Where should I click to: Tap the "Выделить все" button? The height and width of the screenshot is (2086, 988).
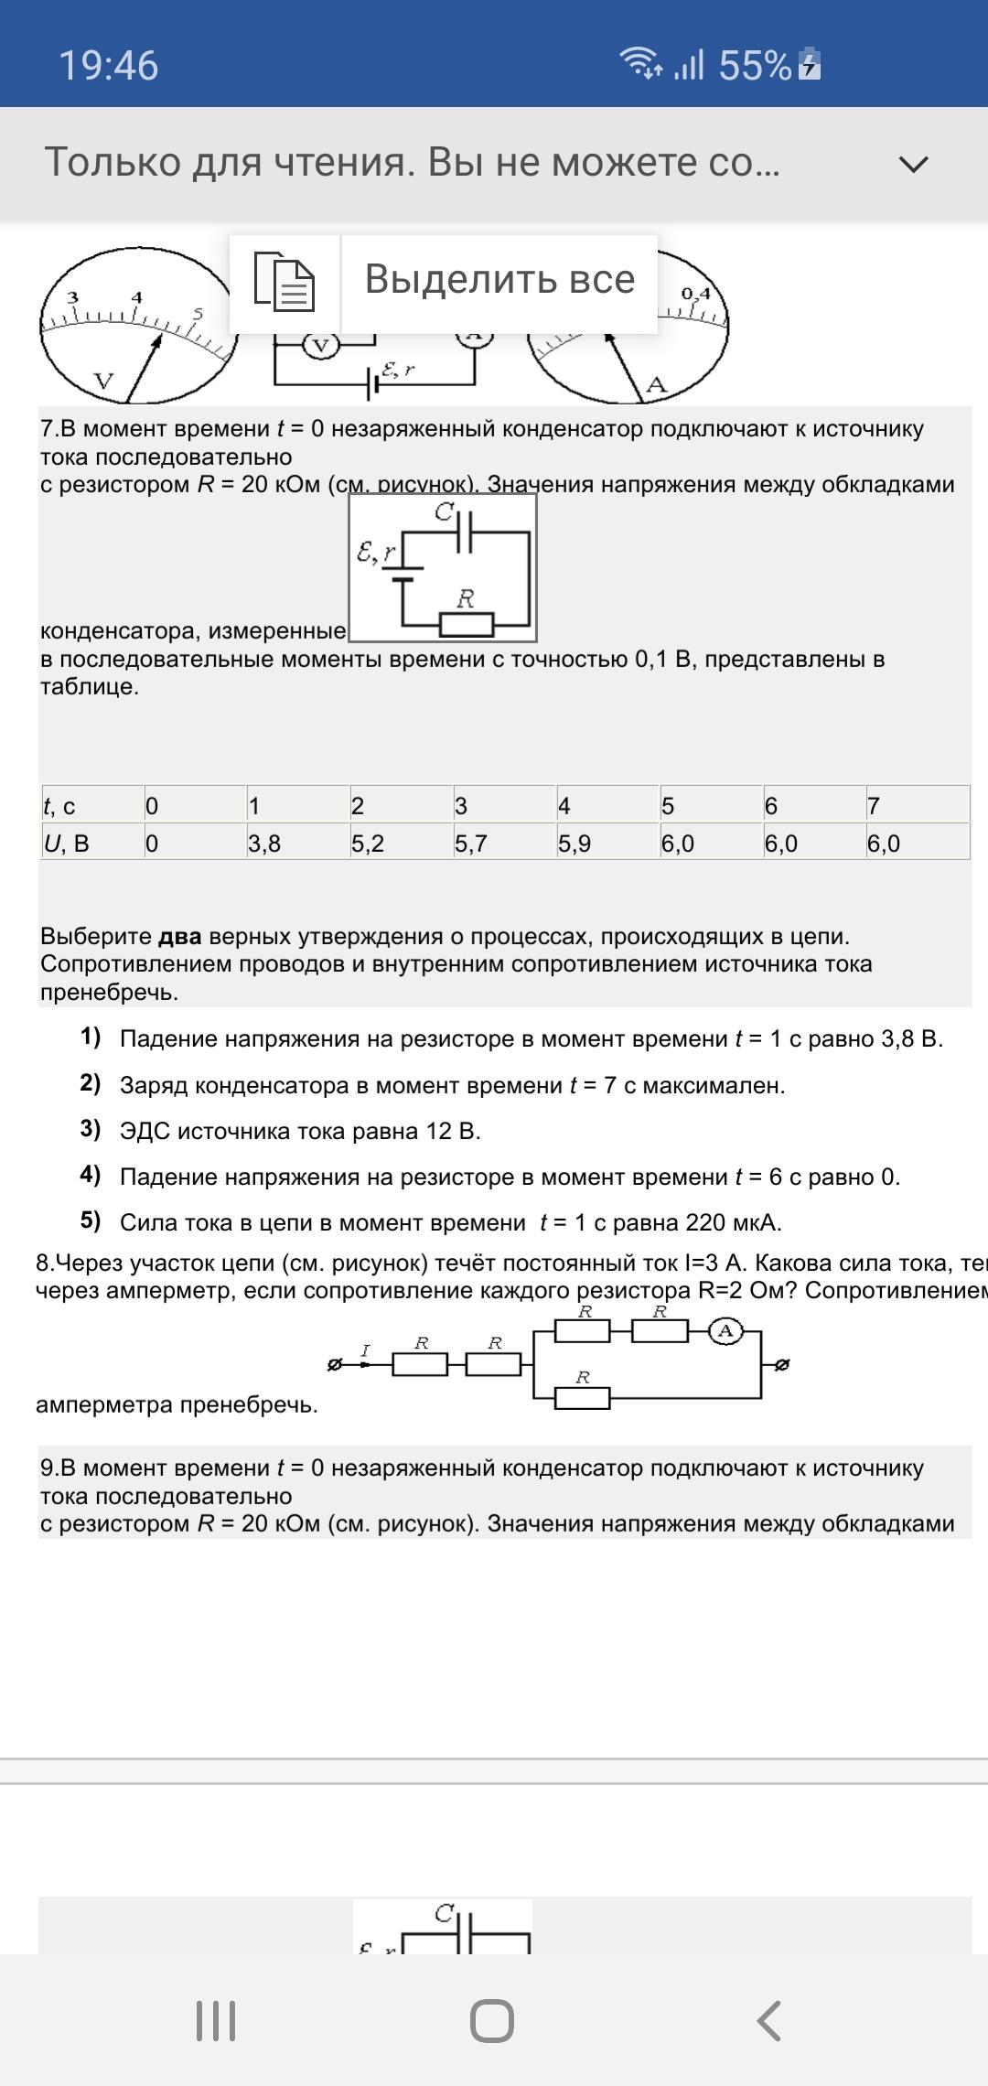coord(499,280)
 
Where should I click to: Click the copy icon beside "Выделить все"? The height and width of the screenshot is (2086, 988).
coord(285,282)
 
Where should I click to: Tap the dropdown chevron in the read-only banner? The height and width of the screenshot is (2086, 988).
coord(913,165)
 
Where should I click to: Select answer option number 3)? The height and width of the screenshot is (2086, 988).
coord(91,1129)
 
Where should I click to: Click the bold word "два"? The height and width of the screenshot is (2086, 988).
coord(179,936)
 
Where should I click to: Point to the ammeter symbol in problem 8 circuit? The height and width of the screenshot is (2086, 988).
coord(726,1331)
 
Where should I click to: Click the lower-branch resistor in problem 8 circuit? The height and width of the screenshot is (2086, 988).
coord(582,1397)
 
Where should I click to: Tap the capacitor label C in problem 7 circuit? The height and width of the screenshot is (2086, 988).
coord(445,512)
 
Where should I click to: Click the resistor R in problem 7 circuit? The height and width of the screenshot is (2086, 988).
coord(467,624)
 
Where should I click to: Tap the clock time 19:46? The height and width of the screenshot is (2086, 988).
coord(109,66)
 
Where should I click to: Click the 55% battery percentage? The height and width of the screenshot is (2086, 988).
coord(755,66)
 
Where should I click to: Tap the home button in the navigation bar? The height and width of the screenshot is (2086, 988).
coord(492,2020)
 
